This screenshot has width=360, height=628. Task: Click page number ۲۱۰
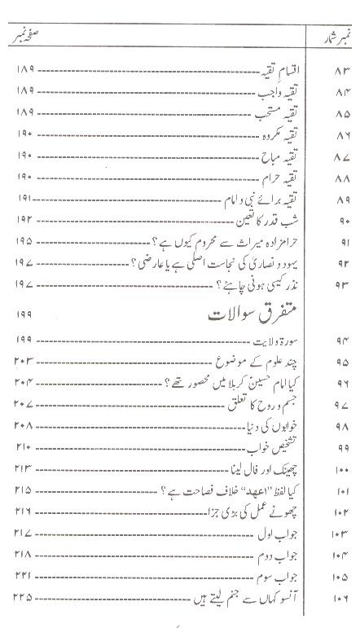(23, 446)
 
